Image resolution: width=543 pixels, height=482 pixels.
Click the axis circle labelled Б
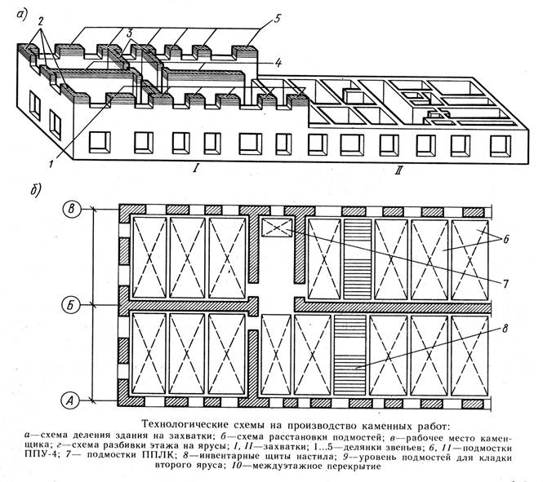tap(73, 307)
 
